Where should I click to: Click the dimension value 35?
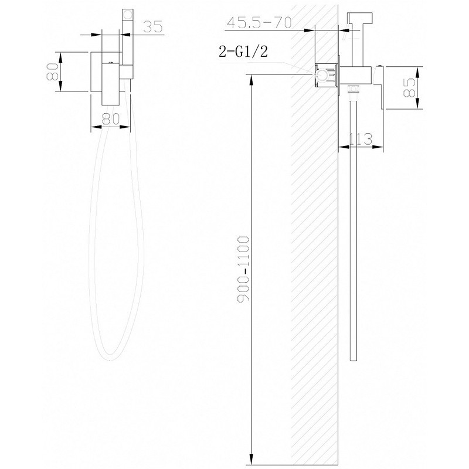[x=153, y=26]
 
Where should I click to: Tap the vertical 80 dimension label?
[x=52, y=72]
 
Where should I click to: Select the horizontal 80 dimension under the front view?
[x=111, y=119]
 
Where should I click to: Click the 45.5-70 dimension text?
[x=259, y=23]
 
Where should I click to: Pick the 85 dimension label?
[x=409, y=87]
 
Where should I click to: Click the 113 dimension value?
[x=361, y=139]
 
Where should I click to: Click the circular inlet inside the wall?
[x=322, y=75]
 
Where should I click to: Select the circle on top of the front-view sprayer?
[x=128, y=14]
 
